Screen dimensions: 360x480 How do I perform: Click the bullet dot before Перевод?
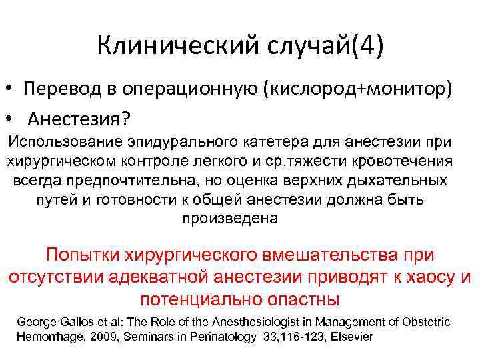coord(11,89)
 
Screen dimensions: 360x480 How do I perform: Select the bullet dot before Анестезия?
coord(11,118)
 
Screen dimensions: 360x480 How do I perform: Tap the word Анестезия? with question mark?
coord(79,118)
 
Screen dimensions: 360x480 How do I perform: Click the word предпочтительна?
coord(126,181)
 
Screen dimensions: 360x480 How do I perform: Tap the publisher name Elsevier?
coord(351,337)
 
